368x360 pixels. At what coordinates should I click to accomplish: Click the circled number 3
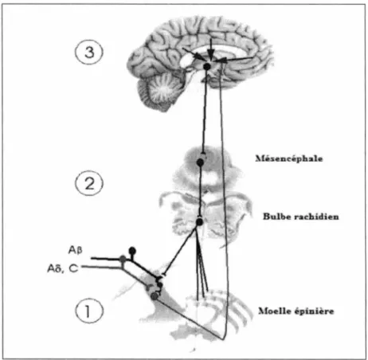89,52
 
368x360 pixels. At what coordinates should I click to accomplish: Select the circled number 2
89,183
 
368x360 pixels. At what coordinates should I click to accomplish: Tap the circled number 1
89,311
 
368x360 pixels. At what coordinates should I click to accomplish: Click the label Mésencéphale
289,158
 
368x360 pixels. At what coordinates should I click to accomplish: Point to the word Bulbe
274,217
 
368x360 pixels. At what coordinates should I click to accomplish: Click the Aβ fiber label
75,250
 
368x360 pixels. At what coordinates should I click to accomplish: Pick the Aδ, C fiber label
63,268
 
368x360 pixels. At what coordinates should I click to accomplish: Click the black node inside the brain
207,66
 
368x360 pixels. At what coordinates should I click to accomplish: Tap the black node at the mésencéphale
200,162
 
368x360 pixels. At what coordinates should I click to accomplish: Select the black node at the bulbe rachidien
200,221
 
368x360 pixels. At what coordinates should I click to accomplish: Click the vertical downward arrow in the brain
210,50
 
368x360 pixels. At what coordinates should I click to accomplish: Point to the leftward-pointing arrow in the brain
233,60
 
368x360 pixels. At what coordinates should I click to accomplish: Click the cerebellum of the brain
159,90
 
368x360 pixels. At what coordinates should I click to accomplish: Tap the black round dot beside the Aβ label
132,250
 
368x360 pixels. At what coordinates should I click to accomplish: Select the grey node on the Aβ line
123,258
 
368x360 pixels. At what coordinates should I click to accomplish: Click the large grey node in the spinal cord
154,296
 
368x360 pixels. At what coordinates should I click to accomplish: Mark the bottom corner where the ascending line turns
223,339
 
